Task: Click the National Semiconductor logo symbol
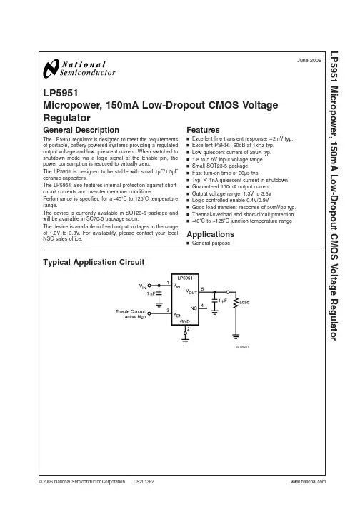(x=51, y=69)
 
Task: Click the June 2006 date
(x=309, y=60)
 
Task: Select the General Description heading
(x=81, y=130)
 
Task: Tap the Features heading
(x=203, y=130)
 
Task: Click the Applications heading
(x=210, y=234)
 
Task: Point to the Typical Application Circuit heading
(x=94, y=262)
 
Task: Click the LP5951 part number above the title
(x=61, y=94)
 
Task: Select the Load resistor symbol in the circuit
(x=236, y=303)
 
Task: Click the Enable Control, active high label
(x=131, y=314)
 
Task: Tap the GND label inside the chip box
(x=185, y=321)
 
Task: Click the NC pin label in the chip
(x=194, y=308)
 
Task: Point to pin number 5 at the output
(x=202, y=288)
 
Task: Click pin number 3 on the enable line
(x=168, y=310)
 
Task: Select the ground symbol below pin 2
(x=185, y=341)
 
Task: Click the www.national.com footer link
(x=308, y=481)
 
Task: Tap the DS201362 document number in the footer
(x=144, y=481)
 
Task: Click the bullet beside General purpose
(x=188, y=243)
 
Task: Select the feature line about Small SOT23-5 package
(x=219, y=166)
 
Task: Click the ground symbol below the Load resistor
(x=236, y=337)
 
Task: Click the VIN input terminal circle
(x=149, y=286)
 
